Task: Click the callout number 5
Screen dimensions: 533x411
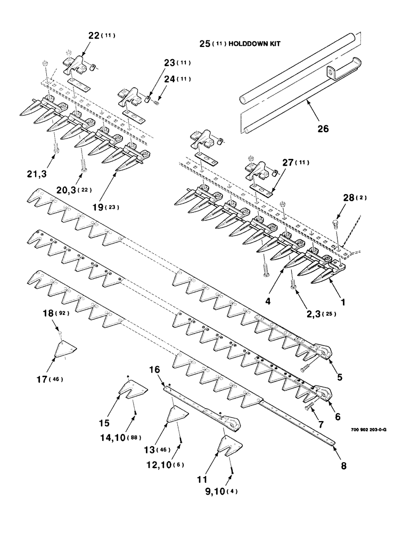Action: (339, 377)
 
